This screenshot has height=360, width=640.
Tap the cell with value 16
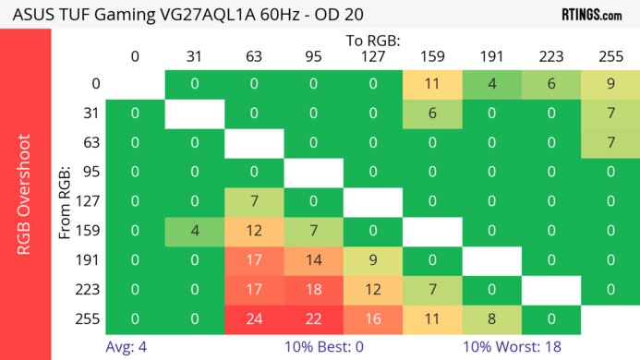(x=373, y=318)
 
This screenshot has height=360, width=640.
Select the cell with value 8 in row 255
(x=491, y=318)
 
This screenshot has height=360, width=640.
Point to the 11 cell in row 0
(x=431, y=84)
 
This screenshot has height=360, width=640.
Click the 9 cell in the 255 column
(x=610, y=84)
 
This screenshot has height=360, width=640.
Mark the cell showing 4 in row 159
(x=194, y=231)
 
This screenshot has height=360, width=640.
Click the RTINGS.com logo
(x=591, y=15)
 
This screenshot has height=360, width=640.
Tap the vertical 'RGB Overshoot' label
(x=25, y=194)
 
